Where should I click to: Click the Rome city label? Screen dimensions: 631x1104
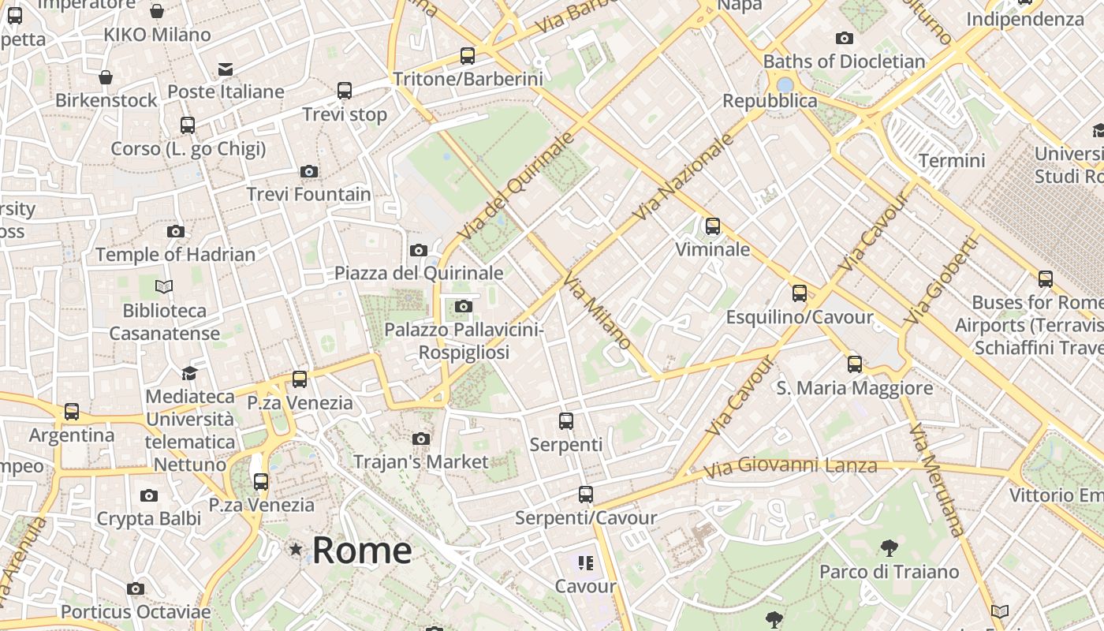[362, 550]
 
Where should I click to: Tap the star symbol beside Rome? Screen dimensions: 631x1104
[296, 549]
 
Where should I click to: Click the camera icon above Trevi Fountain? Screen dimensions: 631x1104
[309, 171]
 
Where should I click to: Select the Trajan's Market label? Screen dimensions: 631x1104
[421, 461]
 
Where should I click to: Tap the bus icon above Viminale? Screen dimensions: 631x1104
[713, 226]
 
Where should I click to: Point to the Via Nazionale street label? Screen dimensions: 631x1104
[683, 177]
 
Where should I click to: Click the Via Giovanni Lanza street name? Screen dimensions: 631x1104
[789, 467]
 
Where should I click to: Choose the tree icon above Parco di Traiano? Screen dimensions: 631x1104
[889, 548]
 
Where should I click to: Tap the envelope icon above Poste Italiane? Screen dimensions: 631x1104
[226, 69]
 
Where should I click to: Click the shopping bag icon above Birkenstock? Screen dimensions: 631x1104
[106, 77]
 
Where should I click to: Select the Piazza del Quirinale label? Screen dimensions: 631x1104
[419, 273]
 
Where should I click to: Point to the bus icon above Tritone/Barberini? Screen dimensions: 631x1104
[468, 56]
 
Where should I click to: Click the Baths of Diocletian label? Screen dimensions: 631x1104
[844, 62]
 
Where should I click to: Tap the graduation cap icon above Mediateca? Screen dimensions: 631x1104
[189, 373]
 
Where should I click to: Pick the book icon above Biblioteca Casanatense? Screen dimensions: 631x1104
[164, 286]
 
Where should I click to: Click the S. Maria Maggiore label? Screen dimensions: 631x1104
[855, 388]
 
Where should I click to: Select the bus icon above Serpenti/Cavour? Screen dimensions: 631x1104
[585, 495]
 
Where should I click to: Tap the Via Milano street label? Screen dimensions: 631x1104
[597, 312]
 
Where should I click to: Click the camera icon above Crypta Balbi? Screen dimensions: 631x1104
[149, 495]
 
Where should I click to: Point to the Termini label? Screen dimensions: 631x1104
[952, 161]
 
